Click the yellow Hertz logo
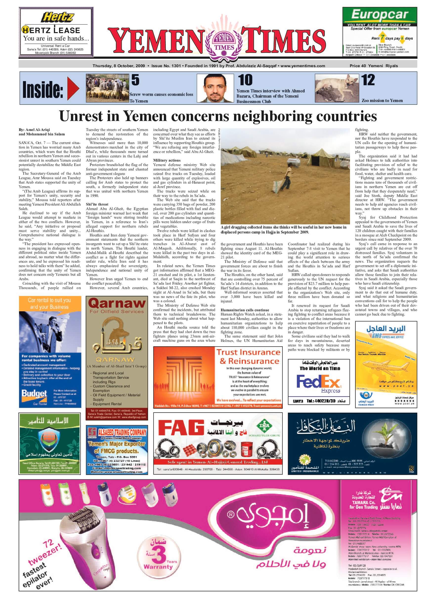pyautogui.click(x=57, y=18)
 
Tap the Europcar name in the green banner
pyautogui.click(x=379, y=15)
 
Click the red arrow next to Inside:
pyautogui.click(x=73, y=88)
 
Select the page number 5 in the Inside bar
pyautogui.click(x=135, y=80)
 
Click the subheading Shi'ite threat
pyautogui.click(x=97, y=204)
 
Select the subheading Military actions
pyautogui.click(x=167, y=160)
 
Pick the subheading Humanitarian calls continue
pyautogui.click(x=245, y=310)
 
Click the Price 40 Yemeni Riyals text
pyautogui.click(x=373, y=66)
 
